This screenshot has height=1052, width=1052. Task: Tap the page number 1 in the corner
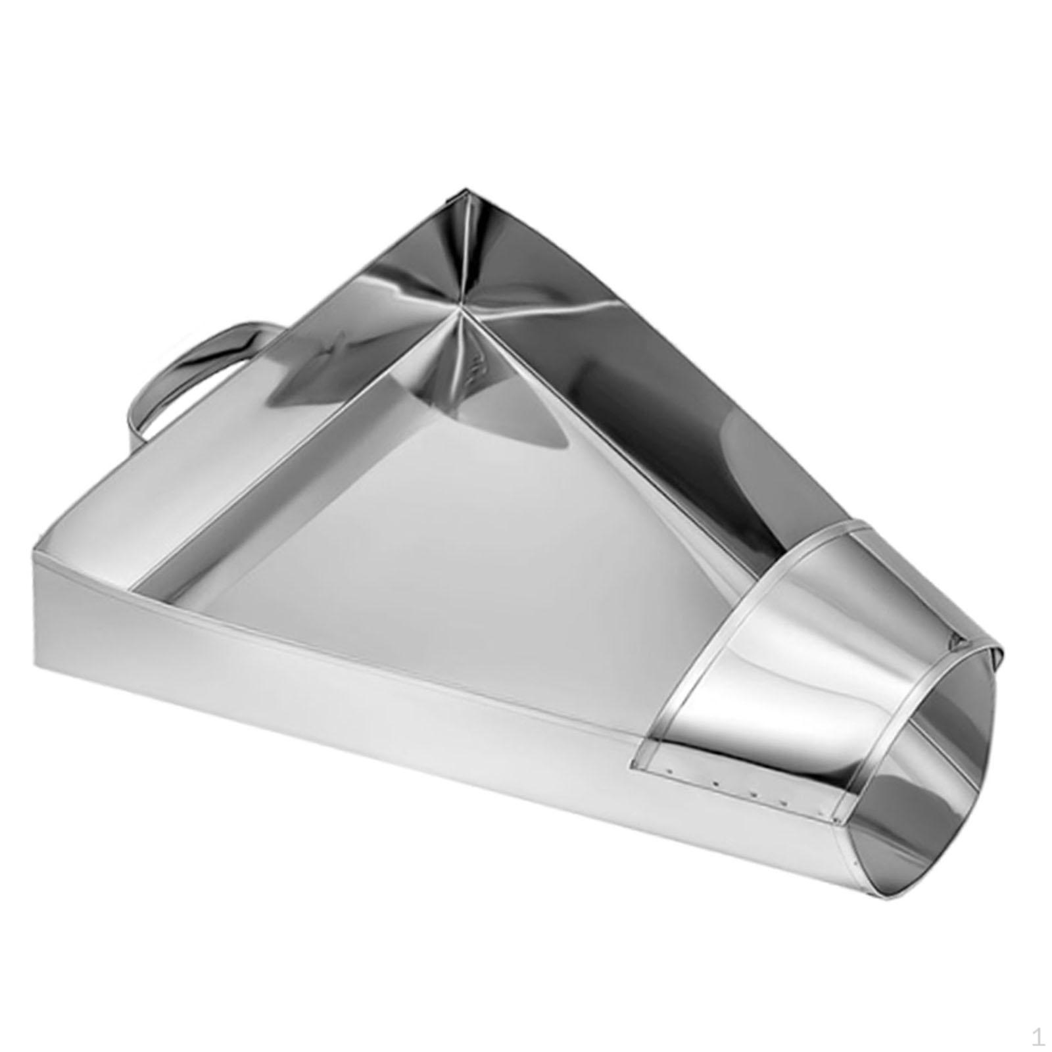tap(1038, 1037)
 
